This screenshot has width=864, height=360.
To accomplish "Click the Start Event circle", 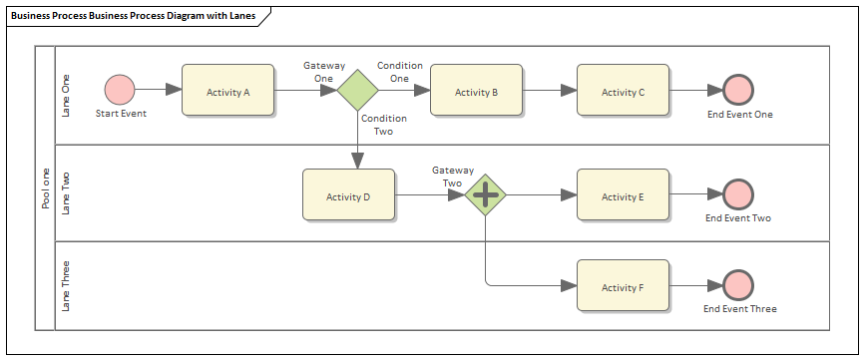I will (x=120, y=90).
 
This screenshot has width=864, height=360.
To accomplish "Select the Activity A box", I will (x=227, y=92).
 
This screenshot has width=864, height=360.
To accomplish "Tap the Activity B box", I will (x=476, y=92).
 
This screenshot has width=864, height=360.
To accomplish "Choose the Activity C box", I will (x=623, y=92).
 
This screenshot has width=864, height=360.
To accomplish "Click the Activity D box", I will (x=348, y=195).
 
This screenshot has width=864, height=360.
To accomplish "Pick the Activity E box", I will (x=623, y=195).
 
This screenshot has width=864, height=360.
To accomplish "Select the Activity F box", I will (x=623, y=287).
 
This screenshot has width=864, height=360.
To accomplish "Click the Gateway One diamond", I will (x=357, y=91).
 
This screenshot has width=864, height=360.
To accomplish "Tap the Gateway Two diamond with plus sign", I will (x=486, y=195).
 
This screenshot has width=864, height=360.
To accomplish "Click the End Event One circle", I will (x=738, y=90).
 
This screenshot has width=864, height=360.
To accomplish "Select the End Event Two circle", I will (x=738, y=194).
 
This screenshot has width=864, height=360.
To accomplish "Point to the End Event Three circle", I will (x=738, y=286).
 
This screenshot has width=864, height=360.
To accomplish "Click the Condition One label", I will (x=399, y=72).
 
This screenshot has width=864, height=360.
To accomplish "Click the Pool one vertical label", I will (x=45, y=188).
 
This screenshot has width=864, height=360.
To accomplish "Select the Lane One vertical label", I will (x=67, y=96).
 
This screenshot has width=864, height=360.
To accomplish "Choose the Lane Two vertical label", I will (x=67, y=192).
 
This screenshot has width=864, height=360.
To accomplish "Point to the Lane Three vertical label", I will (x=67, y=286).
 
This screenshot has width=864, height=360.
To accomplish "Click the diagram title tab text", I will (x=133, y=16).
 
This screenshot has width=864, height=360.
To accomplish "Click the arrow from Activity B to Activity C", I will (x=550, y=91).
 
